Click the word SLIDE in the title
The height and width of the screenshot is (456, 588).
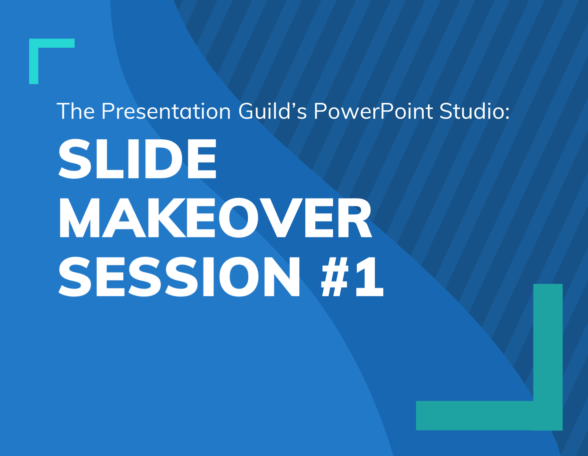click(x=137, y=159)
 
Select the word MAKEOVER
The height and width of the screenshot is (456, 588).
click(x=215, y=218)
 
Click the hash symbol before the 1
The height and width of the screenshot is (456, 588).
click(x=335, y=277)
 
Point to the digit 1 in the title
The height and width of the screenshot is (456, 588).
click(x=369, y=277)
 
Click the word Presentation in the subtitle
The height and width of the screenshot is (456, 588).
click(x=166, y=111)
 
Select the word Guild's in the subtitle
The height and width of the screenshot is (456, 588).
click(x=272, y=111)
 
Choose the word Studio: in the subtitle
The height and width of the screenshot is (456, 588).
click(x=475, y=111)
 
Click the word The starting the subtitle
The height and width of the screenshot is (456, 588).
click(x=76, y=111)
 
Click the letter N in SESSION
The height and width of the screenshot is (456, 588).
click(x=282, y=277)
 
